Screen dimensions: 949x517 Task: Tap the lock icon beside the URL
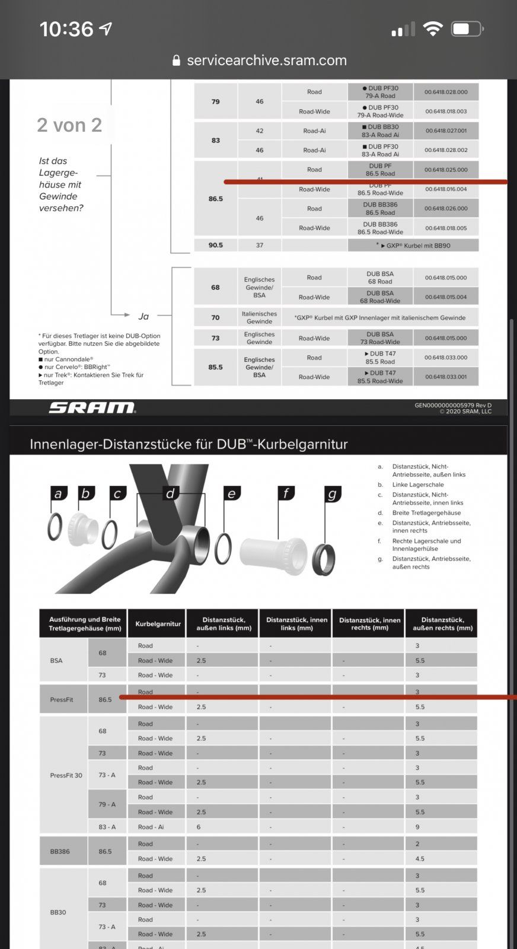coord(175,60)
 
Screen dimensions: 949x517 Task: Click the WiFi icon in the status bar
coord(433,28)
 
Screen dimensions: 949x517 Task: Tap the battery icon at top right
coord(467,28)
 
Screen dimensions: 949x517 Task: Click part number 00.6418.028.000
coord(446,92)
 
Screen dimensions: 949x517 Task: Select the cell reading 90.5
coord(216,245)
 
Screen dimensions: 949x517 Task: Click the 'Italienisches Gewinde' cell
coord(259,317)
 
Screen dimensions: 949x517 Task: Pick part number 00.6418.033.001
coord(446,377)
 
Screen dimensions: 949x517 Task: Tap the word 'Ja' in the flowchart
coord(143,316)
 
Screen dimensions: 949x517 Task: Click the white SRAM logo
coord(92,407)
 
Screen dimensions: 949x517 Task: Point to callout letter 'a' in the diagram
coord(58,493)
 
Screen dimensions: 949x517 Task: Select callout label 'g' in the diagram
coord(332,493)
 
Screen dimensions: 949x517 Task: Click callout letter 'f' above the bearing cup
coord(286,493)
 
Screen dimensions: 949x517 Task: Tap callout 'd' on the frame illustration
coord(170,493)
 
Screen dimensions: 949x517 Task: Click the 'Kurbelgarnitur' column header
coord(158,623)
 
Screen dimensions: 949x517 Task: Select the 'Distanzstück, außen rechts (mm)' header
coord(442,623)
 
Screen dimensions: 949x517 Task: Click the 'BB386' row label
coord(60,851)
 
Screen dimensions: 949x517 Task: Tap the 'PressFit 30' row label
coord(66,775)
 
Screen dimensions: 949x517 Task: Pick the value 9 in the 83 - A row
coord(417,827)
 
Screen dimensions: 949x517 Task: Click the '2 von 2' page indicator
coord(69,125)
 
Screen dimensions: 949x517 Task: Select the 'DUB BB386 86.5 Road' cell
coord(380,208)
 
